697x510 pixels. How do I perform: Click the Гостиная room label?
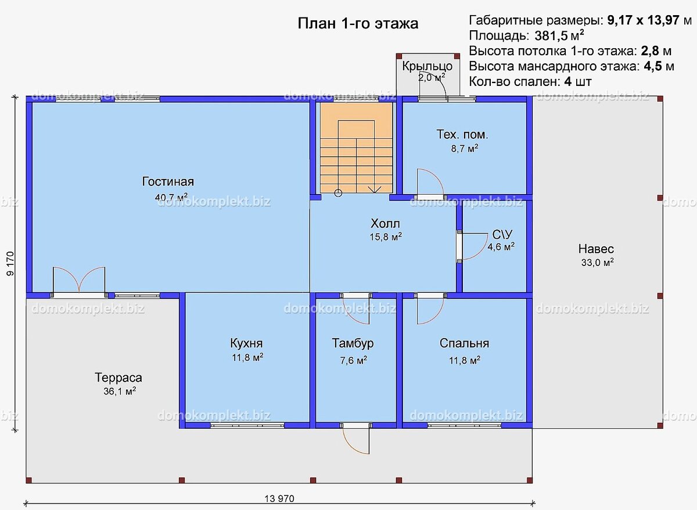click(168, 181)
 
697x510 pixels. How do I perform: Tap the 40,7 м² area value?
click(171, 197)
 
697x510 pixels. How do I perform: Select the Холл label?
click(385, 224)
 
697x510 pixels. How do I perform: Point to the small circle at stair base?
click(338, 193)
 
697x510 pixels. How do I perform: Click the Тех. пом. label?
click(462, 134)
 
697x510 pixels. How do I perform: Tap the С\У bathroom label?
click(502, 234)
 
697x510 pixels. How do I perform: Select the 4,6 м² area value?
click(501, 247)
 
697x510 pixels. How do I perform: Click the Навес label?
click(596, 249)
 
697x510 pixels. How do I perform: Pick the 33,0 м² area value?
click(598, 263)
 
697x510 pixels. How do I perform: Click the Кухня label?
click(246, 343)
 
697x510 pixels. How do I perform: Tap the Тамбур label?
click(353, 343)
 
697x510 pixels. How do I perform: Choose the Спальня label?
click(464, 343)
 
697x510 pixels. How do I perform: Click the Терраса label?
click(118, 378)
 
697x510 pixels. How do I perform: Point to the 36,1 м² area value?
click(120, 391)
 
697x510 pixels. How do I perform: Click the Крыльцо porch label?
click(427, 66)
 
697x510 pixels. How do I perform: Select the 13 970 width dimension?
click(279, 498)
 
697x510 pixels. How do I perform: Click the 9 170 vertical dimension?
click(10, 264)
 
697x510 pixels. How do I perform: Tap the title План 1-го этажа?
click(358, 23)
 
